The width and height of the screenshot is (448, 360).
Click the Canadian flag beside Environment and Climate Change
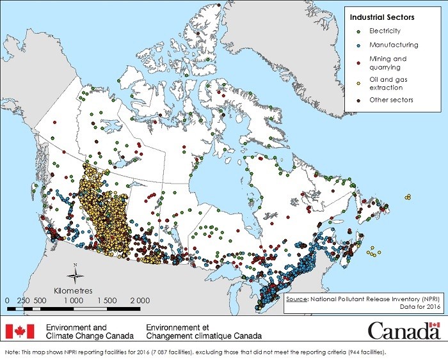click(19, 331)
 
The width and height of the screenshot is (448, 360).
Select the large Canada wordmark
click(403, 331)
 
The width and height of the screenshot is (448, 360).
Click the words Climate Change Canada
click(90, 336)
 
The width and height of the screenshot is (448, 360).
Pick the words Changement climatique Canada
click(209, 336)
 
